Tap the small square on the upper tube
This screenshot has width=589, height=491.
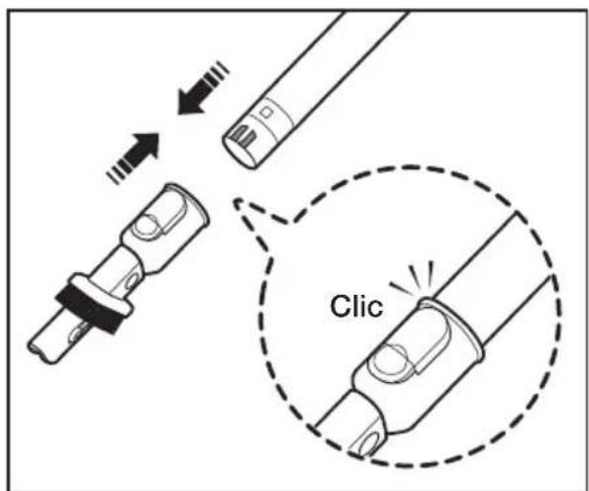click(267, 112)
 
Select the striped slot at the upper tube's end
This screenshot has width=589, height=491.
click(244, 137)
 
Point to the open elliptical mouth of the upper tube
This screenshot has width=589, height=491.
click(240, 153)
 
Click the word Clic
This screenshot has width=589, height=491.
click(356, 306)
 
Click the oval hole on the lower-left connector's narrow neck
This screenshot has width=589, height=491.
click(132, 280)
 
